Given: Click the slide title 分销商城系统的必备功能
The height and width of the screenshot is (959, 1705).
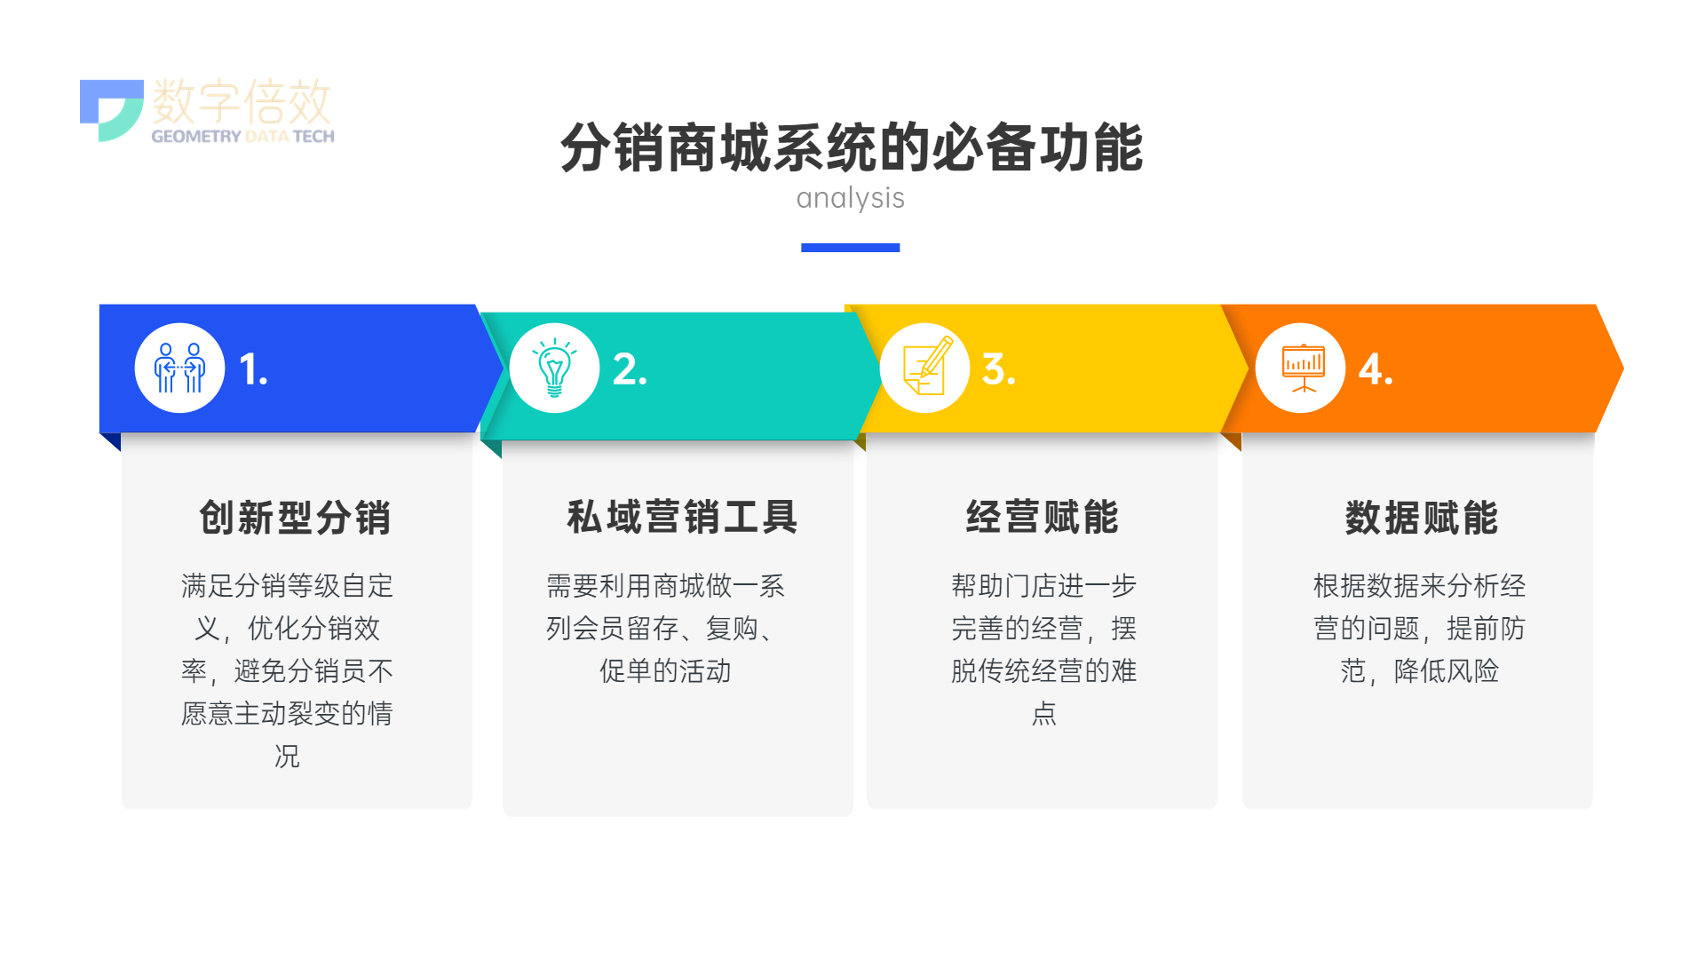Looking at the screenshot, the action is click(x=851, y=147).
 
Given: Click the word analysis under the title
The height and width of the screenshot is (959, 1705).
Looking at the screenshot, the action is click(x=850, y=198).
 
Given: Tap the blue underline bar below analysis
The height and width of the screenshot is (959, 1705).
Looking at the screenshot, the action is click(x=850, y=248).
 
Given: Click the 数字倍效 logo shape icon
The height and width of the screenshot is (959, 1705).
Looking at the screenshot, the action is click(x=112, y=110).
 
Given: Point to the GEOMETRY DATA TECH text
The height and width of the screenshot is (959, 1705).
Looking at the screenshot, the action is click(x=242, y=136).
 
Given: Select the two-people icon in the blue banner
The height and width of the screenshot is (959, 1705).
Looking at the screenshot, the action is click(x=179, y=368).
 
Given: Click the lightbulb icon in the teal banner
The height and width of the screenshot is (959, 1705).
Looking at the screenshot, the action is click(x=554, y=368).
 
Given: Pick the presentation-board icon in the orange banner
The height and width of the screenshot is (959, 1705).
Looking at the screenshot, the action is click(x=1303, y=368).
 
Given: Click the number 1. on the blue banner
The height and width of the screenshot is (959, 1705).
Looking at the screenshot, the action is click(x=253, y=369).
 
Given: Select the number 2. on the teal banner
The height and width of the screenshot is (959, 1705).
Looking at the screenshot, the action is click(x=630, y=369).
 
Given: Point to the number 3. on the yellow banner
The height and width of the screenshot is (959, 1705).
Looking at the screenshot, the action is click(x=998, y=369).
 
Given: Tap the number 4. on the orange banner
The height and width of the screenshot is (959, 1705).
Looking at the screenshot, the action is click(x=1376, y=369).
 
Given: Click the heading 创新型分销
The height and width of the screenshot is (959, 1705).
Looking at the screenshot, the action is click(x=295, y=518).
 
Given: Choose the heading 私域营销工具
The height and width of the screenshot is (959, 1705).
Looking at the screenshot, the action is click(x=682, y=517).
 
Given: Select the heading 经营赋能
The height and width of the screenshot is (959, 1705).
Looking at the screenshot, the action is click(x=1043, y=517).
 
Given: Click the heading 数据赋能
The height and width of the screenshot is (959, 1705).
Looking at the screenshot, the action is click(x=1422, y=518).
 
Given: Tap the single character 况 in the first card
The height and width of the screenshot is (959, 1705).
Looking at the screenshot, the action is click(x=287, y=756).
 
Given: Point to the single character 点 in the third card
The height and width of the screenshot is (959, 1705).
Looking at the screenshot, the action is click(x=1044, y=713).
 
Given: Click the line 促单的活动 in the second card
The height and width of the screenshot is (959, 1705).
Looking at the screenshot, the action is click(x=665, y=670).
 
